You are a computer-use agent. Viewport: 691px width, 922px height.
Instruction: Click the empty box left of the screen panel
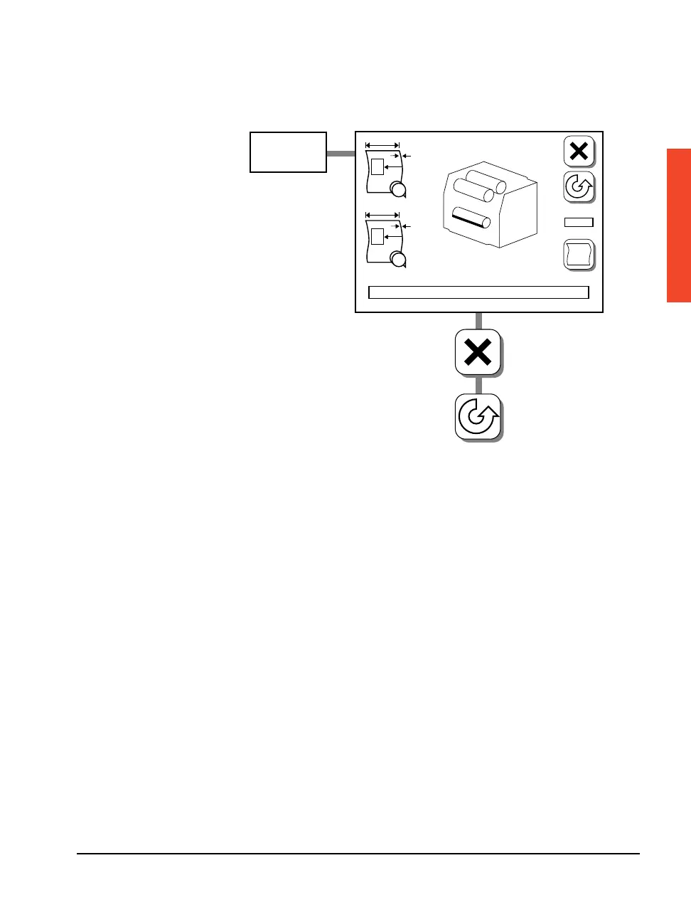click(x=288, y=152)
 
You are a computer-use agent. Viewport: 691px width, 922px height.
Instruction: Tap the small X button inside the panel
click(x=579, y=151)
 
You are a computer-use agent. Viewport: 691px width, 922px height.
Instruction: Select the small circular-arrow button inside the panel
click(x=579, y=187)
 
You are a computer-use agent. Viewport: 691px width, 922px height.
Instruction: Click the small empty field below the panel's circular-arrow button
click(x=579, y=223)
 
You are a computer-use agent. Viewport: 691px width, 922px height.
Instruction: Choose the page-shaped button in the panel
click(x=579, y=255)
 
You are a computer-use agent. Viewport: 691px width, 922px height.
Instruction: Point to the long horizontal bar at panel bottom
click(x=478, y=292)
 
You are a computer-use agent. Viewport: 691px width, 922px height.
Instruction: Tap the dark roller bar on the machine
click(x=471, y=217)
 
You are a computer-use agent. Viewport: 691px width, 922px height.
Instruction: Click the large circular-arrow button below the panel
click(x=478, y=417)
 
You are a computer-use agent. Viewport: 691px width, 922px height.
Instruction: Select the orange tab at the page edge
click(x=678, y=225)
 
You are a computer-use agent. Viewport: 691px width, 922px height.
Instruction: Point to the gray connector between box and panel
click(x=341, y=153)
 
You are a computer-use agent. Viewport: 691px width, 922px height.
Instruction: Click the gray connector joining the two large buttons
click(x=478, y=384)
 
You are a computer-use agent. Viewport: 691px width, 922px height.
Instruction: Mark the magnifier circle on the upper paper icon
click(x=398, y=189)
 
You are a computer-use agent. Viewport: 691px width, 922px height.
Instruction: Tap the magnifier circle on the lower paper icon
click(x=398, y=260)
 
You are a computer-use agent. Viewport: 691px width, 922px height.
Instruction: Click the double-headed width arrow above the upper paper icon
click(x=382, y=145)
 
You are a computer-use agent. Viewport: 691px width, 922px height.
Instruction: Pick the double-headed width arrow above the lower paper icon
click(x=382, y=215)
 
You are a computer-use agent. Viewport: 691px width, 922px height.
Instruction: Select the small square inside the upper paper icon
click(x=377, y=167)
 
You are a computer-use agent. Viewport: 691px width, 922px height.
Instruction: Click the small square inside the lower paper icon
click(x=377, y=237)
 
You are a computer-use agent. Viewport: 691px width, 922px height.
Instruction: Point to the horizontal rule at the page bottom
click(x=358, y=854)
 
